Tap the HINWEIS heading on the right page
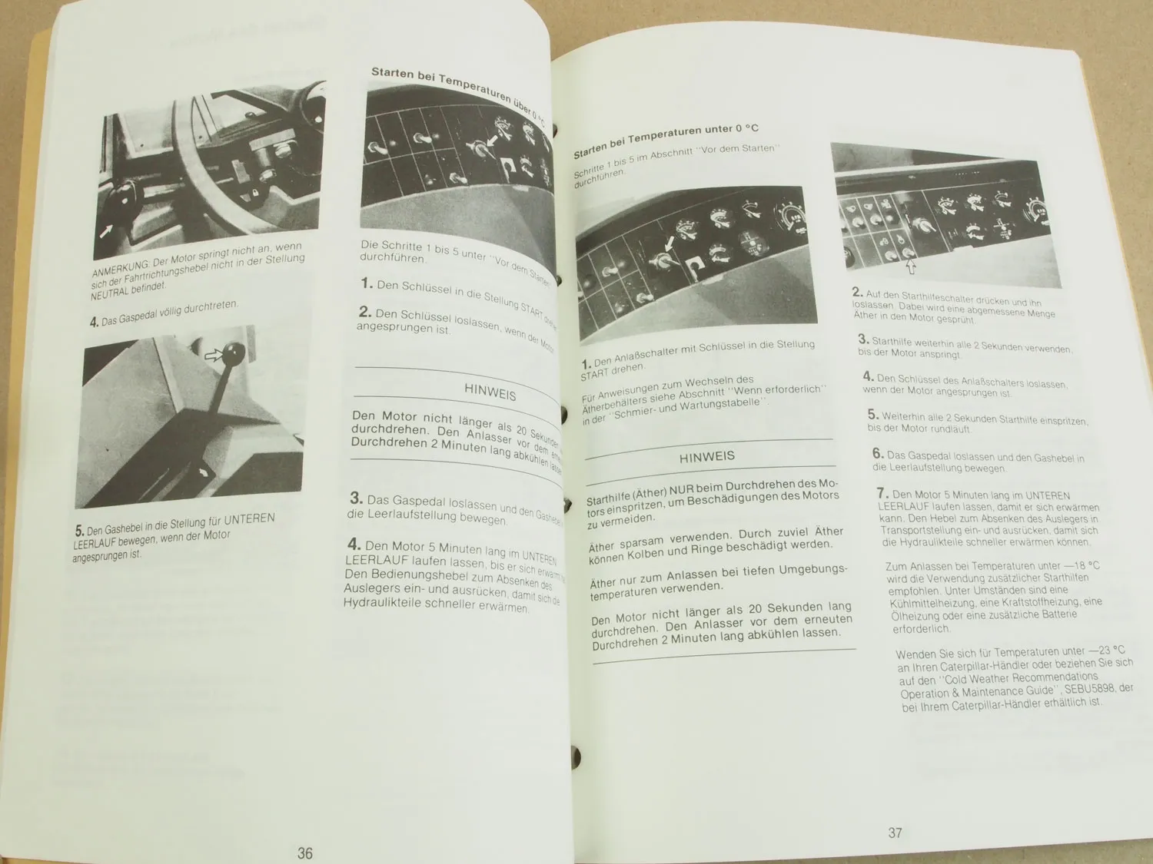click(706, 456)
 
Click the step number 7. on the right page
click(882, 493)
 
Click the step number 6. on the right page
click(878, 454)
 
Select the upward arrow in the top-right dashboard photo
click(911, 268)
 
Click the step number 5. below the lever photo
click(79, 531)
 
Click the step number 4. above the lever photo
click(94, 323)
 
